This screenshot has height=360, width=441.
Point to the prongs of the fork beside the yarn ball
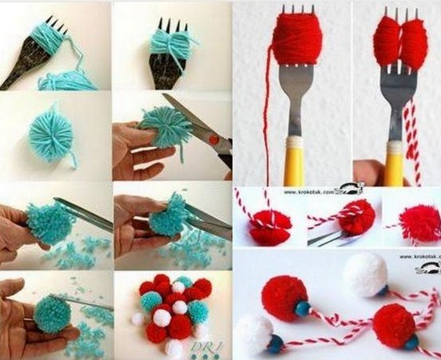click(x=50, y=14)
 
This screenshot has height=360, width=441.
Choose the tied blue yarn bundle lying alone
click(x=54, y=129)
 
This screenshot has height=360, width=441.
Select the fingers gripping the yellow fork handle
click(x=369, y=172)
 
